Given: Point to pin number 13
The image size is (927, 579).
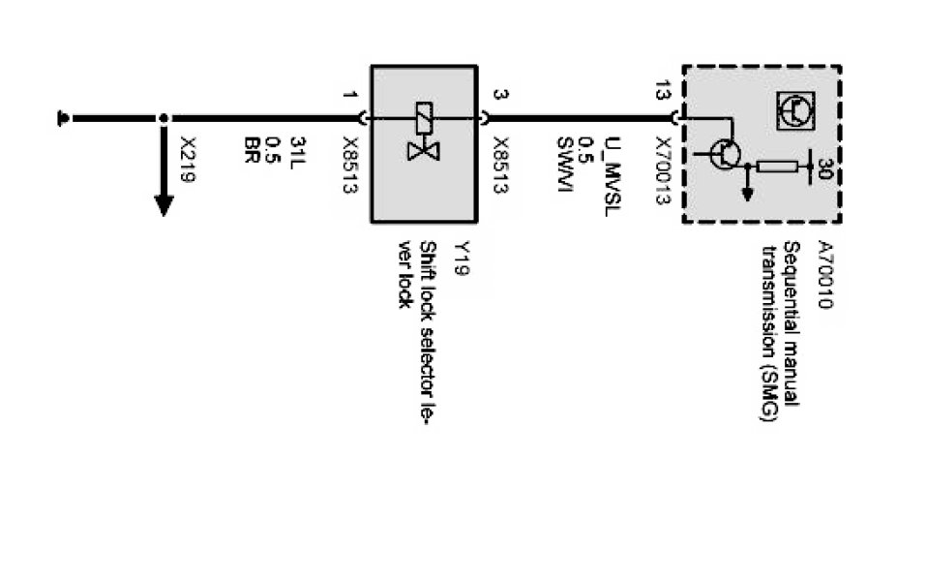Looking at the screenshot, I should point(661,92).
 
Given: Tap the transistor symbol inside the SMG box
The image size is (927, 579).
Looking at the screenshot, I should point(724,153).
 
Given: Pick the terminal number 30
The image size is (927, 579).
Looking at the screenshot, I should point(824,168).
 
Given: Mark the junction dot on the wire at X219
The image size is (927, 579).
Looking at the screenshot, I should point(164,118).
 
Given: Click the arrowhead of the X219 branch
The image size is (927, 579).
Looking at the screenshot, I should point(164,205).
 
